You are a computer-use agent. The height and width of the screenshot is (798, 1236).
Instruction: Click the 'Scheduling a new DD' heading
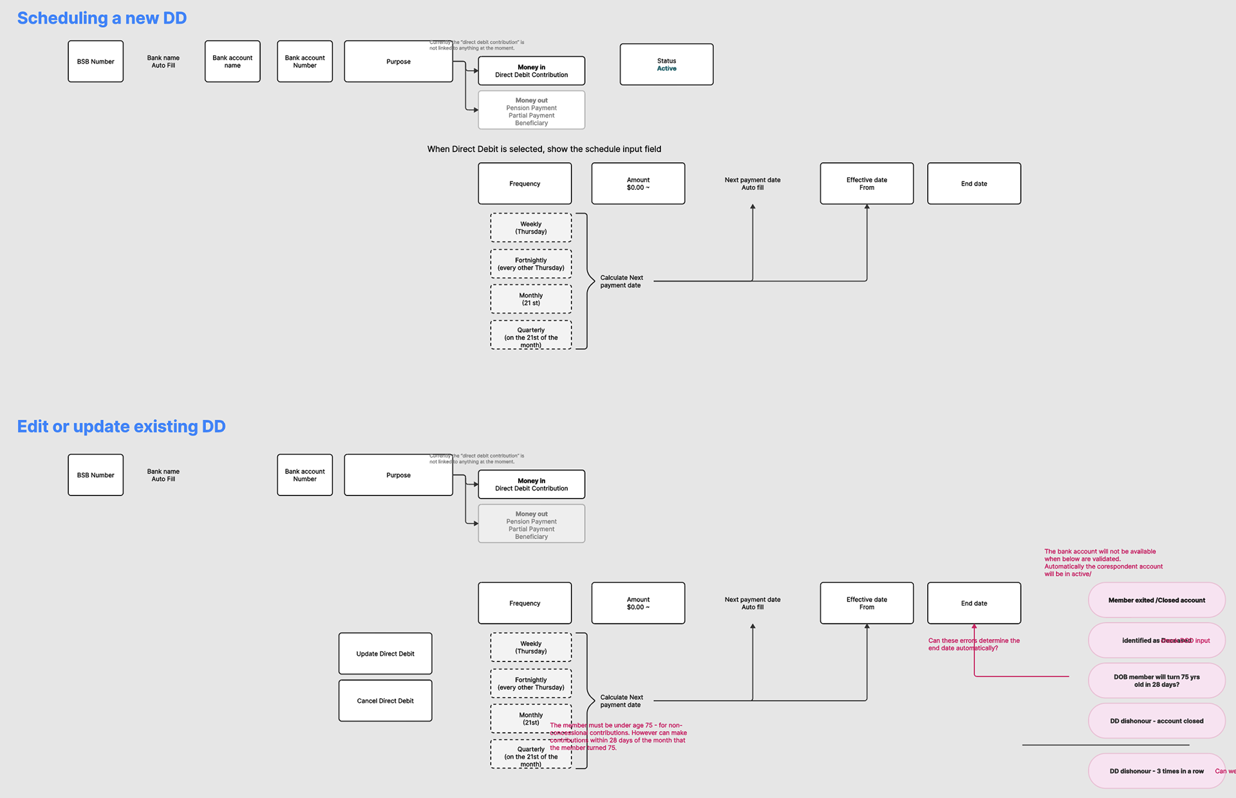click(x=102, y=18)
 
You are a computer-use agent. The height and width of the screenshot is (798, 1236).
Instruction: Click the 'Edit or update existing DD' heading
click(x=121, y=427)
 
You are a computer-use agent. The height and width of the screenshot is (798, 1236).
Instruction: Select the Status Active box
click(x=666, y=64)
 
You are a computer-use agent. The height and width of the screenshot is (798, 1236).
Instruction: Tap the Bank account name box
click(x=232, y=62)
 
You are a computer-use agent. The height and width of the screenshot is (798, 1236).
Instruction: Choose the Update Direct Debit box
click(x=385, y=654)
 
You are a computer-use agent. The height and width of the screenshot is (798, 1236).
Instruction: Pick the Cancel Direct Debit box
click(x=385, y=701)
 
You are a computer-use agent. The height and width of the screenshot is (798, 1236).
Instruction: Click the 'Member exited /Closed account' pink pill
click(x=1156, y=600)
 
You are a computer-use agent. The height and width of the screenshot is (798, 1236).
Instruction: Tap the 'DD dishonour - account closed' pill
click(x=1156, y=721)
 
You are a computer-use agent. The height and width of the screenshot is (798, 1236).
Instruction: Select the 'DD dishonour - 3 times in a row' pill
click(x=1156, y=771)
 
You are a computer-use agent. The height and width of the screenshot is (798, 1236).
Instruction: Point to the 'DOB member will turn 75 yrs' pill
click(x=1156, y=681)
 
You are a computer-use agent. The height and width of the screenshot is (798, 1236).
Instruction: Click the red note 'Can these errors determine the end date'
click(x=973, y=644)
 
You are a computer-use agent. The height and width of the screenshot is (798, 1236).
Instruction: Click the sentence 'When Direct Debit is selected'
click(x=544, y=149)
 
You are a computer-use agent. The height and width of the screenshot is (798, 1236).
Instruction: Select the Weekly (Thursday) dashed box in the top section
click(x=530, y=228)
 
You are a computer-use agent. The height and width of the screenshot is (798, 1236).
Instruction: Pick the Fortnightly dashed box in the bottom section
click(x=530, y=683)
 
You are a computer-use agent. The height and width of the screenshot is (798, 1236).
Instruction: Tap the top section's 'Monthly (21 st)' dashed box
click(x=530, y=299)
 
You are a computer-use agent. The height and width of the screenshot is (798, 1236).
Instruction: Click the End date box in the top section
click(x=973, y=184)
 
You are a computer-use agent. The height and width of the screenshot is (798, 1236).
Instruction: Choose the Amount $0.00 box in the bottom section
click(x=638, y=604)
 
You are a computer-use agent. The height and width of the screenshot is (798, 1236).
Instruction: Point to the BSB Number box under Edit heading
click(x=95, y=476)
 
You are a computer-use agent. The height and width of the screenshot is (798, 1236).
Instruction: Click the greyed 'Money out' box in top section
click(x=531, y=111)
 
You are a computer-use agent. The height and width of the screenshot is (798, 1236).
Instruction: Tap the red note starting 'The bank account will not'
click(x=1103, y=562)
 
